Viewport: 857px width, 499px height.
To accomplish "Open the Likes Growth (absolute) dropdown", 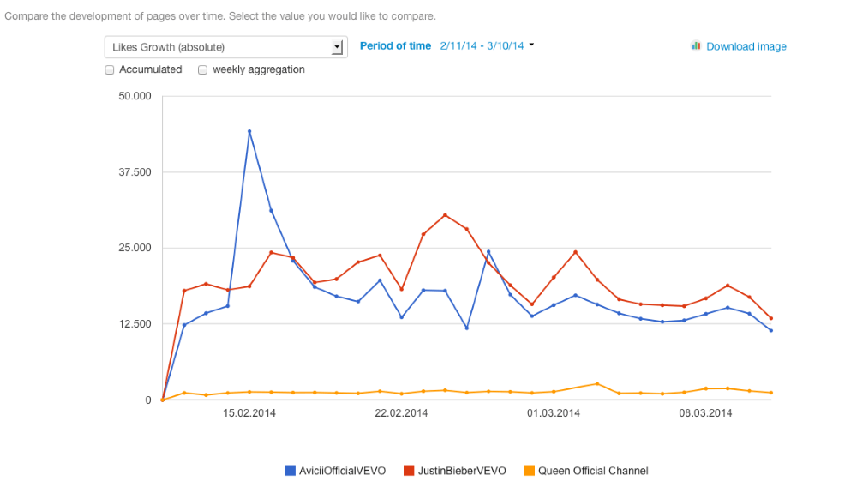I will point(225,47).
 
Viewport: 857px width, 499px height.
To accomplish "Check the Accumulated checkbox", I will point(110,70).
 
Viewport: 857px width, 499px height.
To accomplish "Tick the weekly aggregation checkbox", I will point(203,70).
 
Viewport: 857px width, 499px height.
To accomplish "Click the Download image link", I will point(746,46).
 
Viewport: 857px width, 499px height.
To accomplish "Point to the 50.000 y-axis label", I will point(135,96).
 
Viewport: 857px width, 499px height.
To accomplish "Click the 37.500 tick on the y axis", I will point(135,172).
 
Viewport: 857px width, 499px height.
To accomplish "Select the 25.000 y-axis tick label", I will point(135,248).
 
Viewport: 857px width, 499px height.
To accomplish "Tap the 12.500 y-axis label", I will point(135,324).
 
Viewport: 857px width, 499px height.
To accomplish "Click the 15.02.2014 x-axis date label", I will point(249,413).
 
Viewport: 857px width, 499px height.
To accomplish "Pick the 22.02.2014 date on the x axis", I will point(401,413).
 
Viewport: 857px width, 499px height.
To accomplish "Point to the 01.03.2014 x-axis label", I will point(554,413).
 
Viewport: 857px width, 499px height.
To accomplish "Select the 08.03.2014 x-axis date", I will point(705,413).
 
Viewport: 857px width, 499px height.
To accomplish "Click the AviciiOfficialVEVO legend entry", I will point(335,471).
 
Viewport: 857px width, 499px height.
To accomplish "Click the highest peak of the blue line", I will point(249,132).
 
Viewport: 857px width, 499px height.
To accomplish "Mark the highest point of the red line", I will point(445,215).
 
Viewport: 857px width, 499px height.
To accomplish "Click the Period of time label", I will point(395,45).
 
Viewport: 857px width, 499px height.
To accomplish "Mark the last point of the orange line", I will point(771,393).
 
